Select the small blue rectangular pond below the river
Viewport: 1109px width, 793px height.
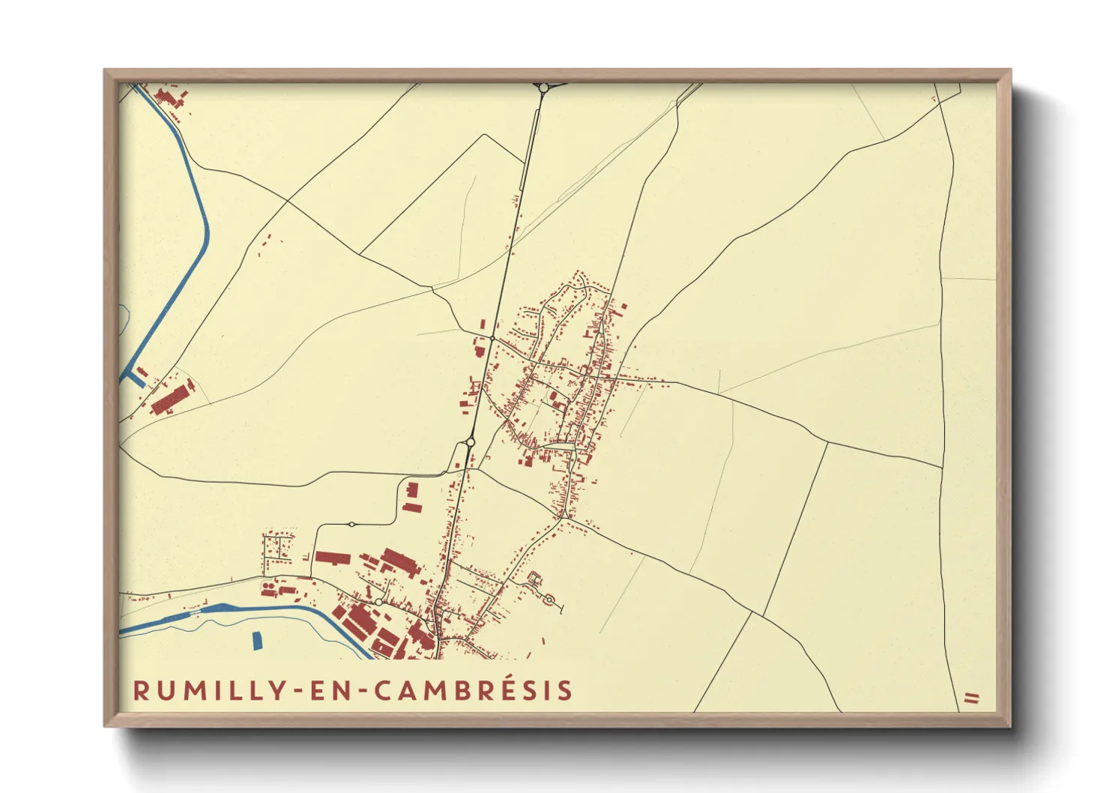pos(257,641)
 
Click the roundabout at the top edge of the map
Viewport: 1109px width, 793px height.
pos(543,88)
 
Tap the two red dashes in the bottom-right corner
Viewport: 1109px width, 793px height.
pos(972,698)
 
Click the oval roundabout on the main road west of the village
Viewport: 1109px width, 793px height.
pos(470,443)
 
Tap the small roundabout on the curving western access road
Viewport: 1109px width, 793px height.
pos(351,524)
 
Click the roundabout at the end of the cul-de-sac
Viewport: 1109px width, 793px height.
pos(549,599)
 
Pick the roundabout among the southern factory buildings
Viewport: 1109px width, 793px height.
pos(380,602)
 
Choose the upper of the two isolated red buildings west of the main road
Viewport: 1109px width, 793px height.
pos(411,492)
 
